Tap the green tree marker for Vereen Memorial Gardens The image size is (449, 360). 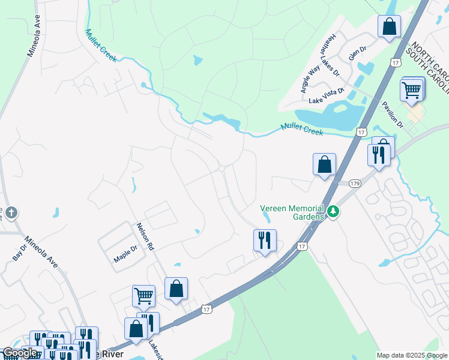click(333, 212)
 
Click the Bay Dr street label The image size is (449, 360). click(20, 252)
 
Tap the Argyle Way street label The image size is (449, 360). click(310, 80)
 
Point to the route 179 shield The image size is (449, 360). click(355, 183)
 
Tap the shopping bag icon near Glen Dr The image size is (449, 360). click(389, 26)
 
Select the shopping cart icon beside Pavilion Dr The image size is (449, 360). click(412, 90)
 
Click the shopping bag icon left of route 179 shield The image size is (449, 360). click(324, 164)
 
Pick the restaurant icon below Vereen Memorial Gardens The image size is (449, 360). click(264, 240)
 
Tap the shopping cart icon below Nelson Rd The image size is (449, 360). click(143, 296)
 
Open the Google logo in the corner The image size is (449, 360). click(20, 353)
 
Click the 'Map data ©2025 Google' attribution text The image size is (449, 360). click(412, 355)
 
